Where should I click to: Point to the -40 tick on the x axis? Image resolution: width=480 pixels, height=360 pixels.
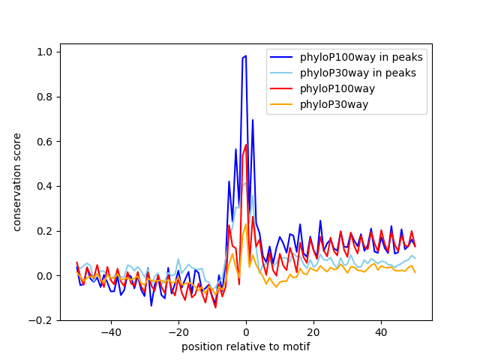click(111, 331)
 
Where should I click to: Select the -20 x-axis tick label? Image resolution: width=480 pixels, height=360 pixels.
click(178, 331)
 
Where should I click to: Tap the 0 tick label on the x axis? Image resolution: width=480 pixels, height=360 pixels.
click(246, 331)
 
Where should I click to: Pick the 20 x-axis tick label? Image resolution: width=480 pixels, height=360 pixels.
click(313, 331)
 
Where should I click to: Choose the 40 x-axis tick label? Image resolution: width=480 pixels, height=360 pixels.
click(381, 331)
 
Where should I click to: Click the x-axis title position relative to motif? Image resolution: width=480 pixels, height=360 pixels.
click(245, 346)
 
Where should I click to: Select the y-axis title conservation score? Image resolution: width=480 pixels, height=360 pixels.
click(17, 181)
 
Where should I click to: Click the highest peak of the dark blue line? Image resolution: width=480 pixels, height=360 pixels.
click(245, 56)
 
